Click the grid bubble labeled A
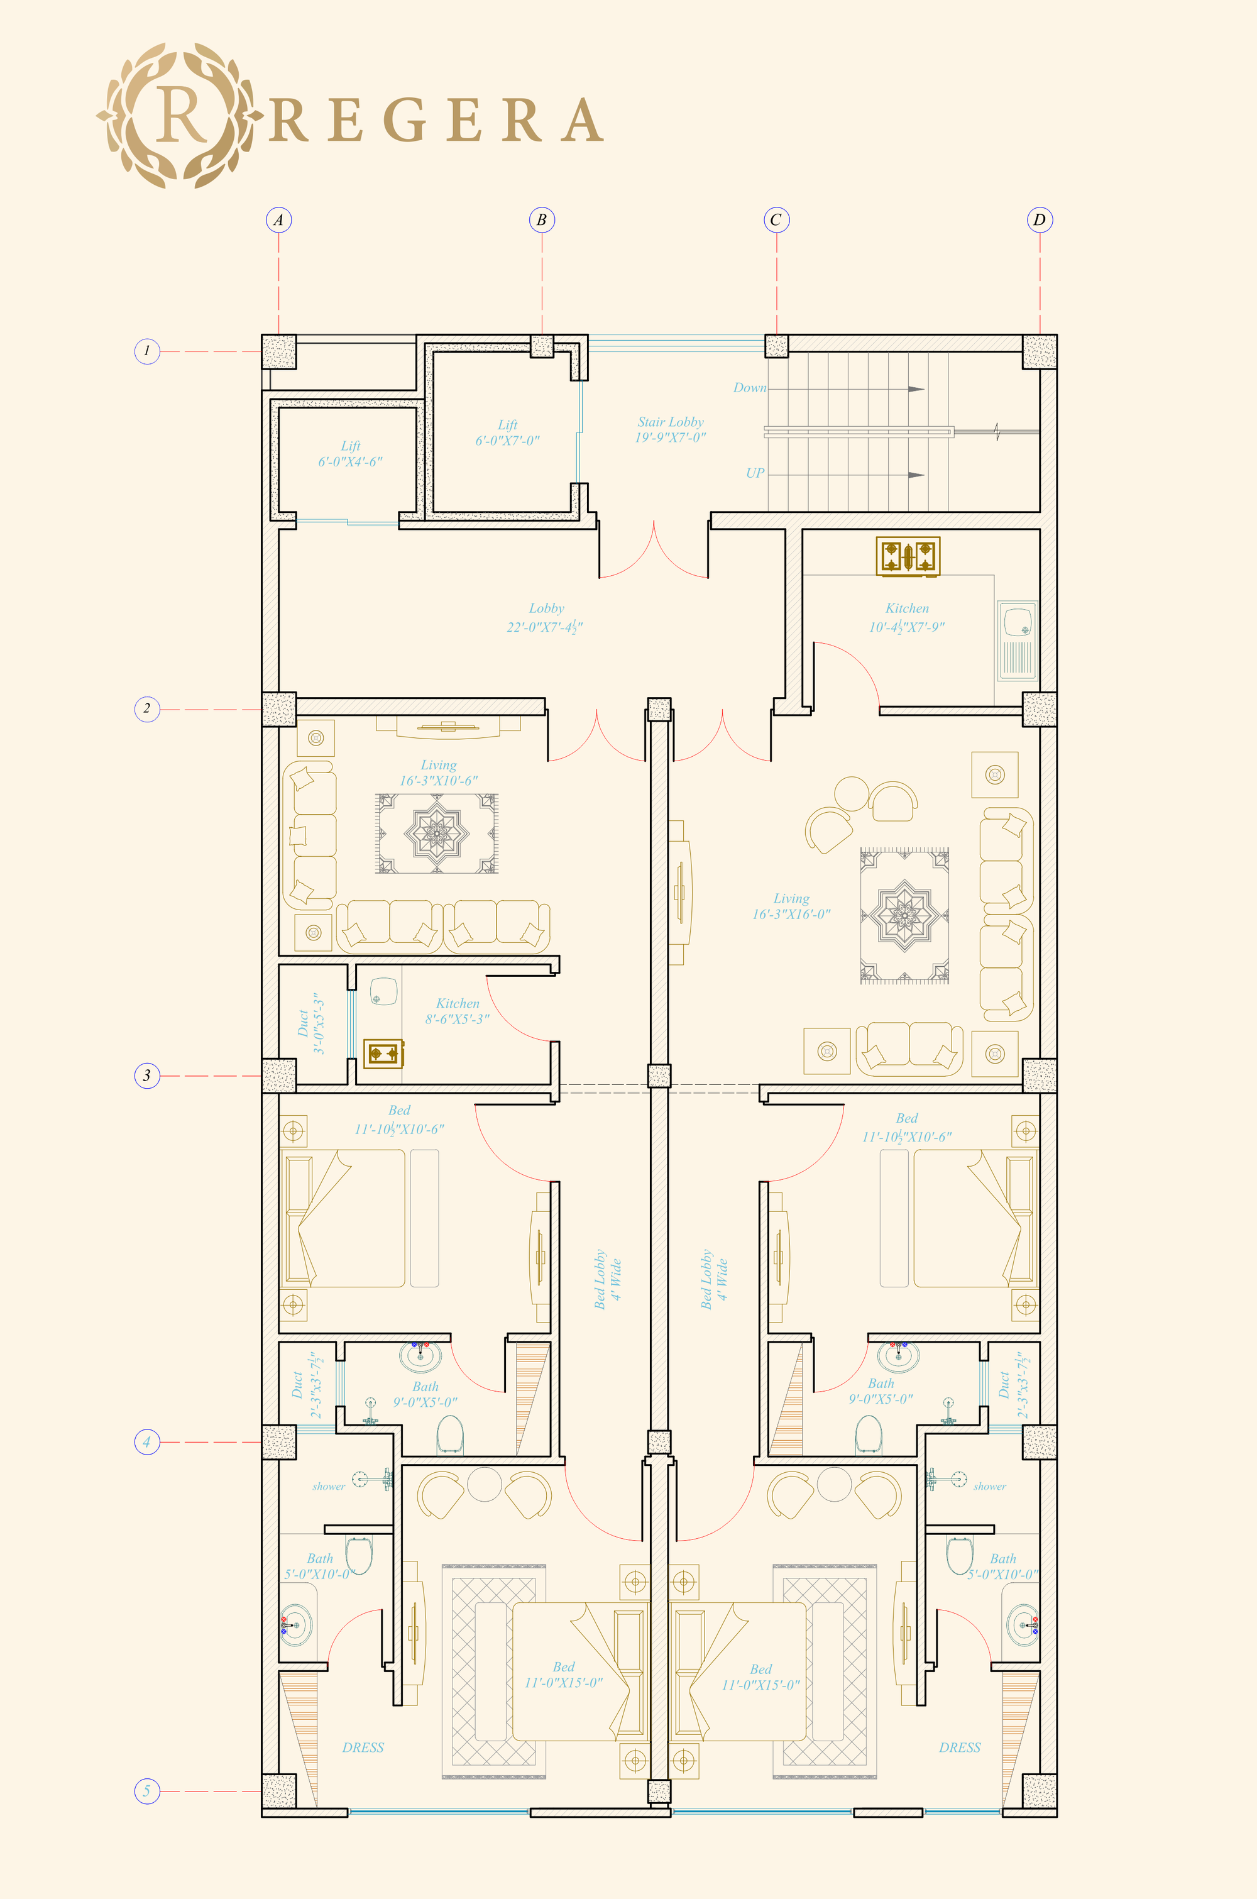point(278,219)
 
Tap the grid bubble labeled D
point(1039,219)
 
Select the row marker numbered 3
point(146,1075)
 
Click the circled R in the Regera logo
point(180,116)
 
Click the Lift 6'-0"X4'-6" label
point(350,454)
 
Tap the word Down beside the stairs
point(750,388)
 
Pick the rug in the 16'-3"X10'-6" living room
point(437,834)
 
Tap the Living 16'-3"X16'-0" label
point(791,906)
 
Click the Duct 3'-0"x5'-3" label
point(310,1023)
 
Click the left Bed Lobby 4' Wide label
point(607,1279)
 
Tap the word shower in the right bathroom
point(989,1486)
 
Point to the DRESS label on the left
point(363,1748)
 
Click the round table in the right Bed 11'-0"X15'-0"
point(834,1483)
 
